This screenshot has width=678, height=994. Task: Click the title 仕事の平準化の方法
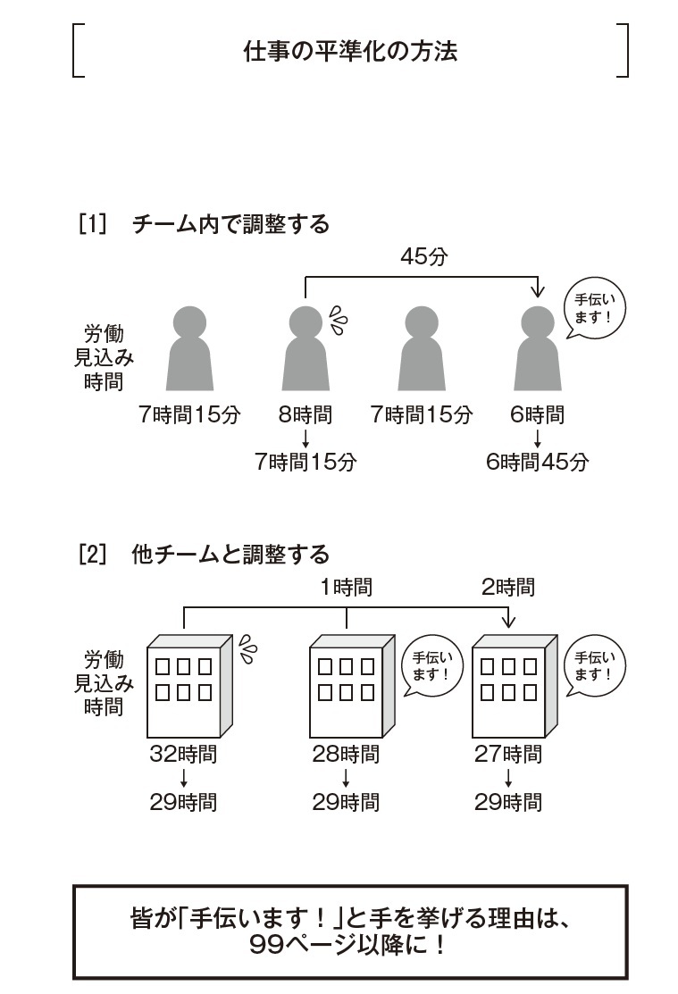tap(350, 51)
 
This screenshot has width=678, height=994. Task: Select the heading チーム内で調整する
tap(230, 223)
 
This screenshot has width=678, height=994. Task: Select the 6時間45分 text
tap(538, 462)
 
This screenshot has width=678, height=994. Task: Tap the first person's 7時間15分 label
tap(189, 414)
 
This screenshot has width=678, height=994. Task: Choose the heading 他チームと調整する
tap(230, 555)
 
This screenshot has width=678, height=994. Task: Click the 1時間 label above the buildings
tap(347, 588)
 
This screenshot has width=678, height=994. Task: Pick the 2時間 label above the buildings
tap(508, 588)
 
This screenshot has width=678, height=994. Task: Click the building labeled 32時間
tap(188, 684)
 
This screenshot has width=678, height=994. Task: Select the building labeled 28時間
tap(350, 684)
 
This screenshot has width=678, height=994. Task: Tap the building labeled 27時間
tap(513, 684)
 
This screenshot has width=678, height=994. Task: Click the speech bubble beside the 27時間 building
tap(594, 667)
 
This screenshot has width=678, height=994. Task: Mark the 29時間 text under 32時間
tap(183, 802)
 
